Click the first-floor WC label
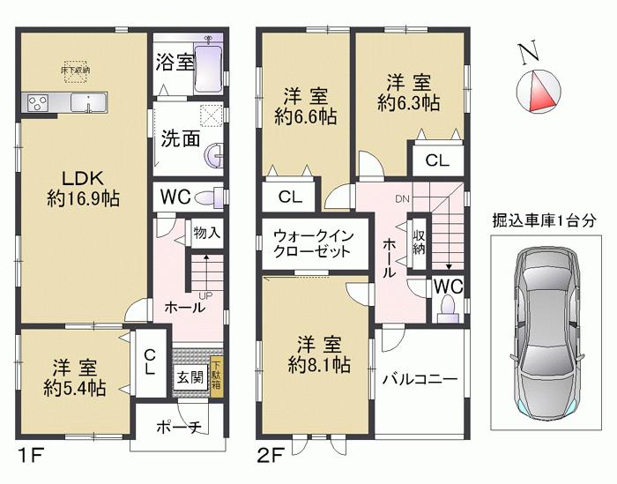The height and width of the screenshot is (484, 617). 175,197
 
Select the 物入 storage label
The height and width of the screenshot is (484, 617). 206,233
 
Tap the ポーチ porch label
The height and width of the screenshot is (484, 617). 182,427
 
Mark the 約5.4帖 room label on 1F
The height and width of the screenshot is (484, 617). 73,377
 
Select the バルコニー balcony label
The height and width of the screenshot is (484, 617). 420,380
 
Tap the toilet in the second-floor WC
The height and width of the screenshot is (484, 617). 448,306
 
